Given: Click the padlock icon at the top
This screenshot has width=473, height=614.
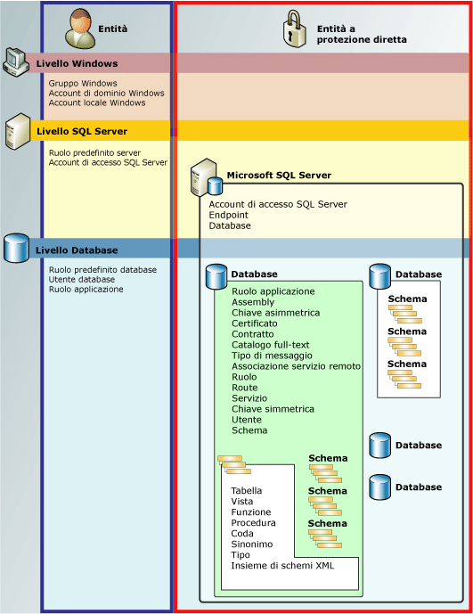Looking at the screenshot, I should [x=296, y=29].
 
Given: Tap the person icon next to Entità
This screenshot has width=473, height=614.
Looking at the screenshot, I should [x=80, y=28].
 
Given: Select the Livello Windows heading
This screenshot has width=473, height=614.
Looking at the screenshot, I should [x=77, y=63].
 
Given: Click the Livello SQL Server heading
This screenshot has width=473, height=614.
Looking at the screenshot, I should [x=82, y=131].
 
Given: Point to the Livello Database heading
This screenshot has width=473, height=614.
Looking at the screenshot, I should [x=77, y=250].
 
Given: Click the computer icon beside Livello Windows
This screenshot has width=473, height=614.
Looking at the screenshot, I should [x=17, y=61].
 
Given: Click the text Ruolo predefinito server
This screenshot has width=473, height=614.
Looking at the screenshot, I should [x=94, y=152].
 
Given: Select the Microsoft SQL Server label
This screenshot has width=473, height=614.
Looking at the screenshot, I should [x=279, y=176].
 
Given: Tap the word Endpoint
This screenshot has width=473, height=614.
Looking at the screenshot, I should [x=229, y=215].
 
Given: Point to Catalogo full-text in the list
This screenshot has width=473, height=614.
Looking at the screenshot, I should [x=271, y=345].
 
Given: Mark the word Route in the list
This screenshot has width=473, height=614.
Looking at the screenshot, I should [x=244, y=388].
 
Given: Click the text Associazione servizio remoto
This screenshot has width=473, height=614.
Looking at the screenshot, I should [x=296, y=366].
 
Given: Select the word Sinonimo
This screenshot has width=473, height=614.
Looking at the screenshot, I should [x=252, y=544].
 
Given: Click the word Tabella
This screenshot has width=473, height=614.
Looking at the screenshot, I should [x=247, y=490].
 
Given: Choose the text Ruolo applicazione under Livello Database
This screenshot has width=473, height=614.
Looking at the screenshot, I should [x=86, y=290].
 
